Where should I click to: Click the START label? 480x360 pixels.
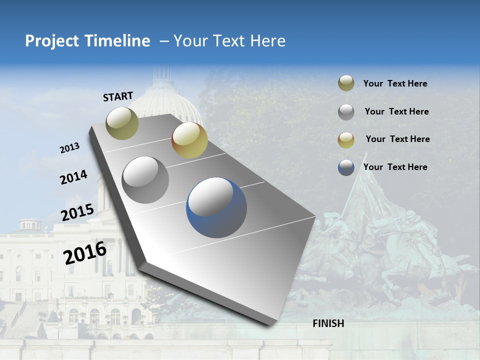[x=118, y=96]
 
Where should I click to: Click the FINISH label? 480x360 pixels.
[x=328, y=323]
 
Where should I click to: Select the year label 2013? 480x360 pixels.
[x=69, y=148]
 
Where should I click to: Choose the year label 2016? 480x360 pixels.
[x=85, y=253]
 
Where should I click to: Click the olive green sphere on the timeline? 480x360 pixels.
[x=122, y=123]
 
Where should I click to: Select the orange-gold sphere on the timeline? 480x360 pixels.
[x=189, y=140]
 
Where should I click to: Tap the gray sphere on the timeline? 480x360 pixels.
[x=145, y=179]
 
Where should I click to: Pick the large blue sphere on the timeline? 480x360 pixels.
[x=216, y=207]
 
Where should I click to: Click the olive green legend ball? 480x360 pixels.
[x=346, y=83]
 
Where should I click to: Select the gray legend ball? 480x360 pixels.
[x=346, y=112]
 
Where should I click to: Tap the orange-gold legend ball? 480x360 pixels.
[x=346, y=140]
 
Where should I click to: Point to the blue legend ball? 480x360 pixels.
[x=346, y=167]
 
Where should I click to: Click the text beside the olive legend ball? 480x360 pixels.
[x=395, y=83]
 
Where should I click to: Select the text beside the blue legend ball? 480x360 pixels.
[x=395, y=167]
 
